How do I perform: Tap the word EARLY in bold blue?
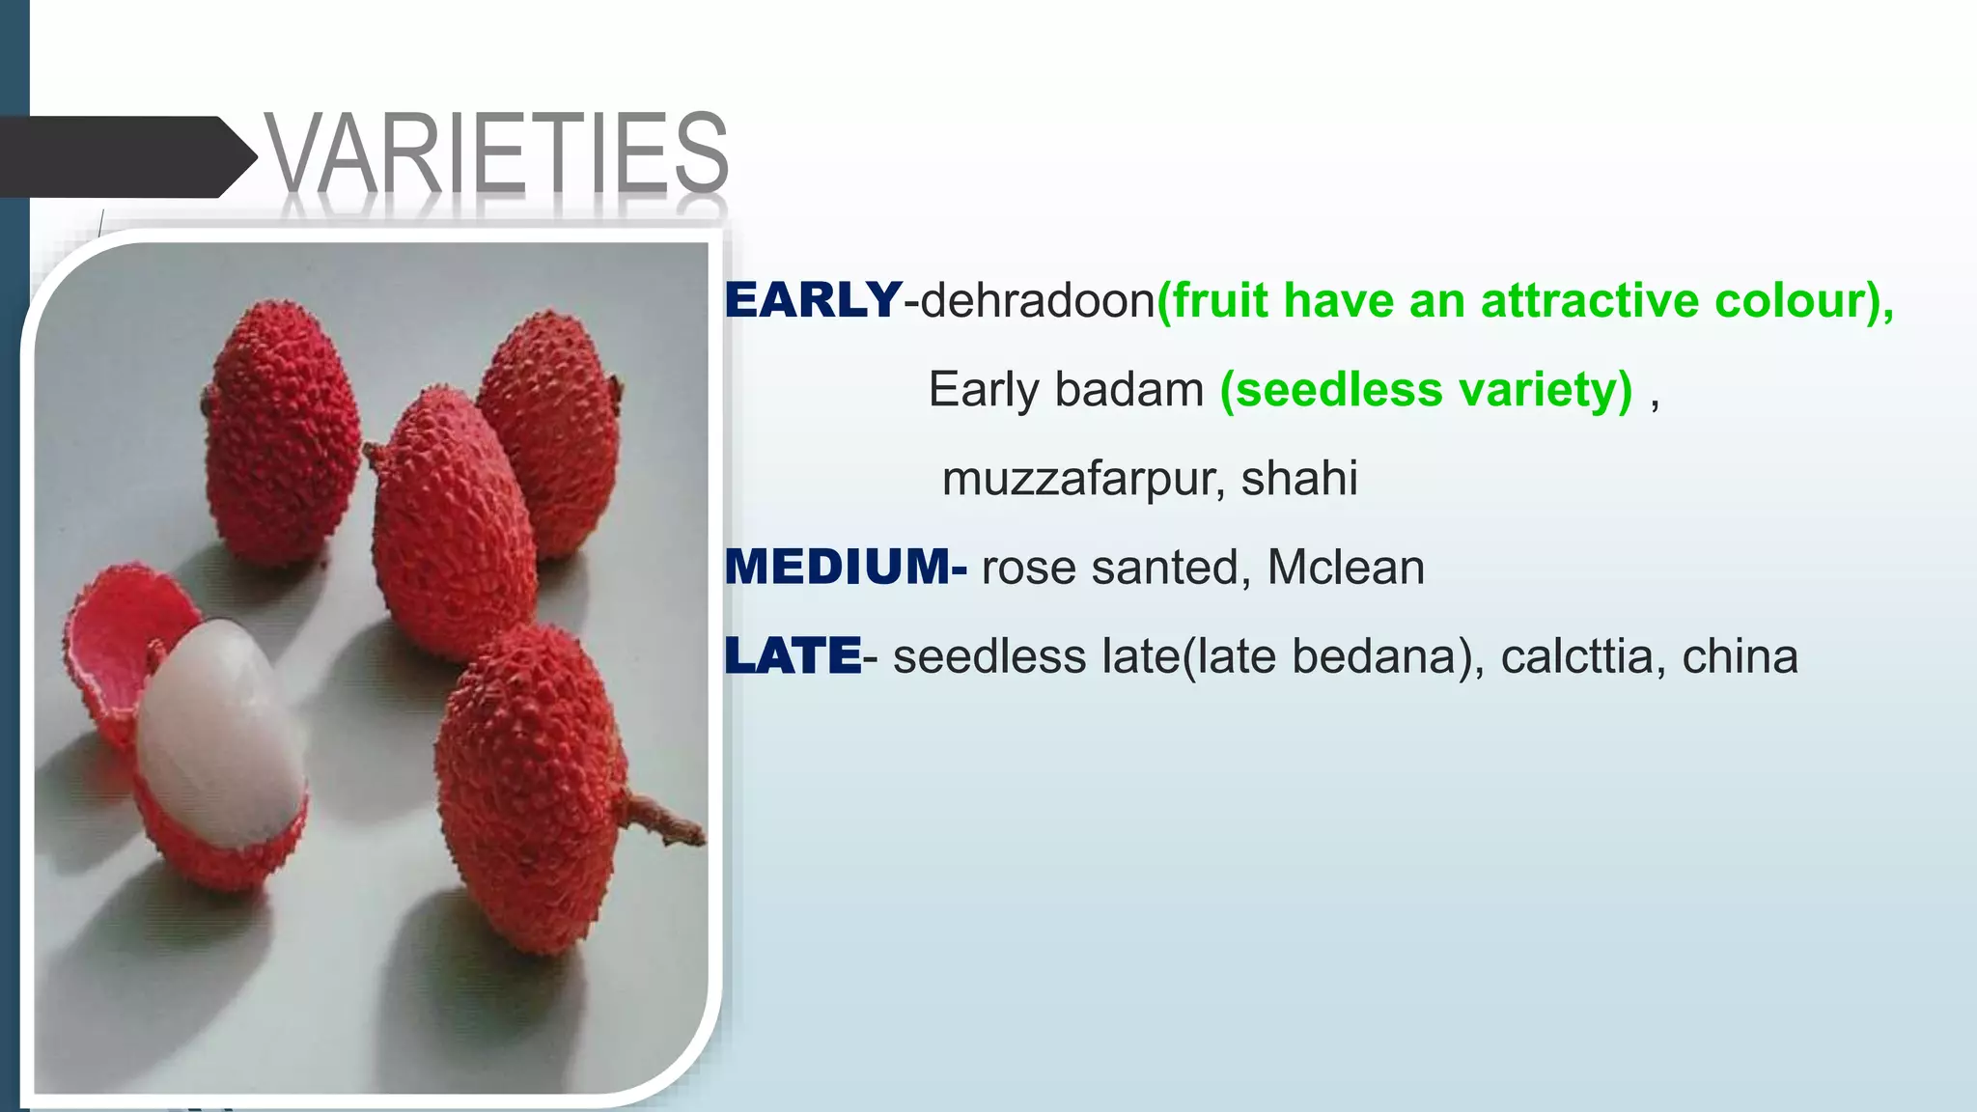[813, 300]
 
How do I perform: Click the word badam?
[1128, 390]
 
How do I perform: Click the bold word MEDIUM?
[837, 567]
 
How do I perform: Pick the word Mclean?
[1345, 568]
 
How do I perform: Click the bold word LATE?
[793, 656]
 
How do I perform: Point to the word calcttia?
[1577, 656]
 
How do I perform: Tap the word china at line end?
[1740, 656]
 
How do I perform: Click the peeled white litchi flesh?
[217, 734]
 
